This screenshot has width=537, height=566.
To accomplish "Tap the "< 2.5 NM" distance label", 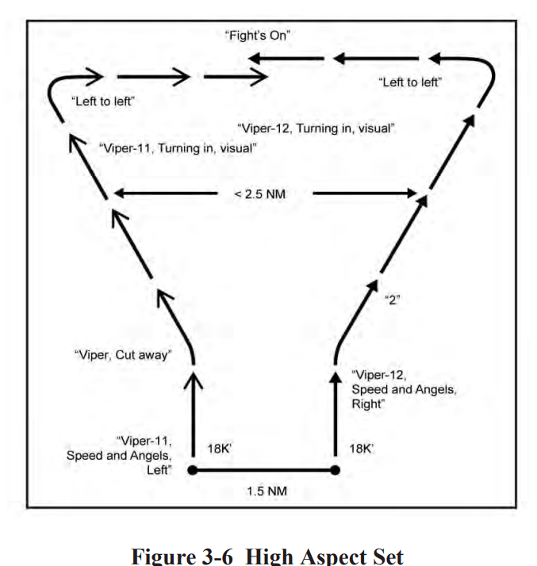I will tap(264, 194).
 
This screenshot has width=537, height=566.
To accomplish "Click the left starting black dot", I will tap(192, 470).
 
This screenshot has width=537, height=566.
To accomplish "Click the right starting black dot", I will tap(336, 470).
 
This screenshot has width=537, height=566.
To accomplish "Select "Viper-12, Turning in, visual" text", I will tap(316, 128).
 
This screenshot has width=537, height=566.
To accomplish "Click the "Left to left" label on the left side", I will tap(100, 101).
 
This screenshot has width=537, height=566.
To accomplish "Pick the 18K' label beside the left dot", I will tap(218, 449).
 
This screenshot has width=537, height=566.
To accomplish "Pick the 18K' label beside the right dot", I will tap(364, 449).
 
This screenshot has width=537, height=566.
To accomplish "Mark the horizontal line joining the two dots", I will tap(264, 470).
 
